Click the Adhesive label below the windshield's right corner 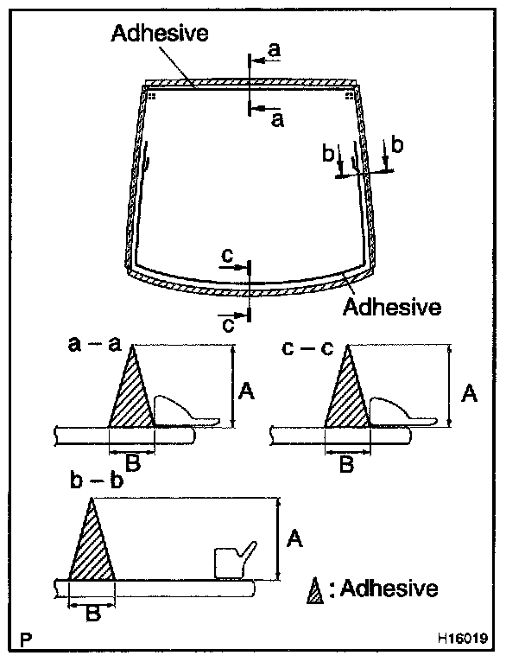pos(393,306)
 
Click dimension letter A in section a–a pos(245,393)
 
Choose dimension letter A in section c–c pos(469,393)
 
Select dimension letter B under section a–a pos(132,463)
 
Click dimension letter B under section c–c pos(345,465)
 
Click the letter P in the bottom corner pos(28,640)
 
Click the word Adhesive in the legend pos(389,589)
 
